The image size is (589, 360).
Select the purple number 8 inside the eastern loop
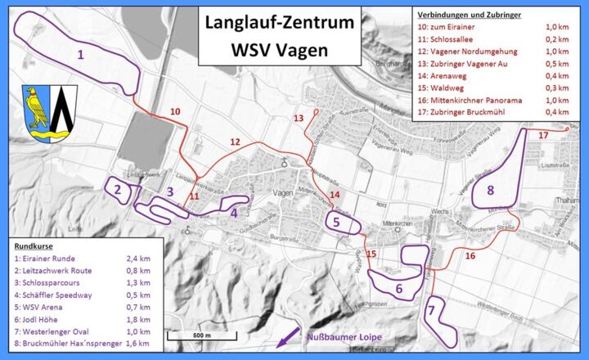click(490, 190)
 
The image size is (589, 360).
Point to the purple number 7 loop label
click(430, 312)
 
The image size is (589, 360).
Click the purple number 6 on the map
click(398, 288)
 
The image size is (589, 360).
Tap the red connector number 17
click(542, 134)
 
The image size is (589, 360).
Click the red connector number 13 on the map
click(298, 118)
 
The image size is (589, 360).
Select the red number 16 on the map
click(470, 256)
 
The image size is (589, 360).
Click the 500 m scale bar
click(198, 335)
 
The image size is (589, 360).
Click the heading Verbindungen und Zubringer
click(469, 15)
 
